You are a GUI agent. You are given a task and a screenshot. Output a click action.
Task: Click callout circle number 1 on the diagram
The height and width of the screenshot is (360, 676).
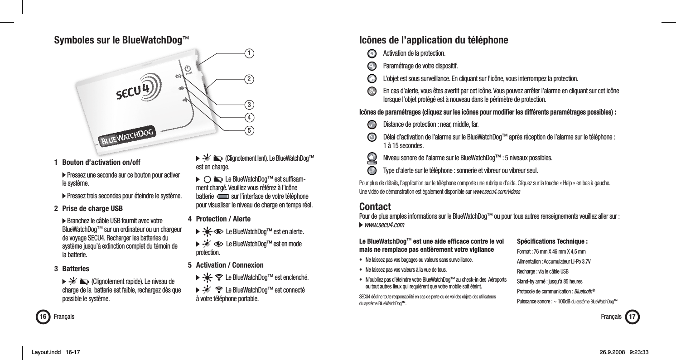pyautogui.click(x=249, y=53)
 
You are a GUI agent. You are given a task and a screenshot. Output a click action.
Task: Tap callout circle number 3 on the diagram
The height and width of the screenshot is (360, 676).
pyautogui.click(x=249, y=105)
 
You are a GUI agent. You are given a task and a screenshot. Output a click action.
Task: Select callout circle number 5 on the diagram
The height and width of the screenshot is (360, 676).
pyautogui.click(x=249, y=130)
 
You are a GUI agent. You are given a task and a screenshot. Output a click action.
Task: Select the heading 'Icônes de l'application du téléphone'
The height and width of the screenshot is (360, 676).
pyautogui.click(x=433, y=40)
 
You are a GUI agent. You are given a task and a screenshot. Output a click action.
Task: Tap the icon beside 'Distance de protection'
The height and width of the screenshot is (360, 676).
pyautogui.click(x=371, y=125)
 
